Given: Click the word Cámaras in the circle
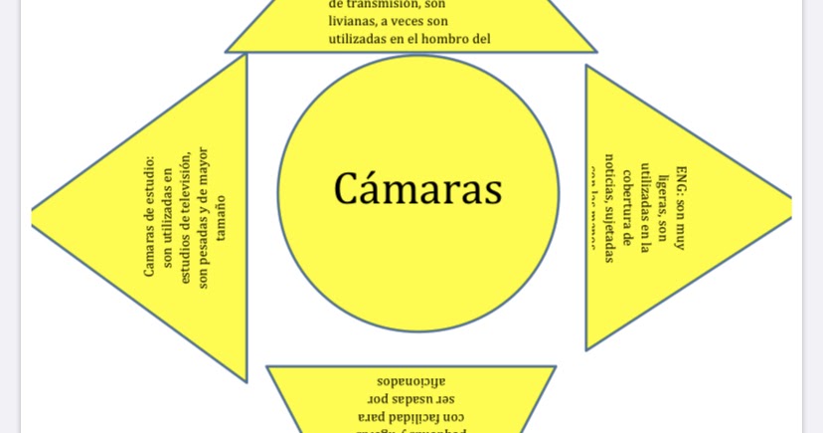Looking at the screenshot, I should [x=417, y=189].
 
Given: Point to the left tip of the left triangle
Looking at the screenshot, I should [x=34, y=213].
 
